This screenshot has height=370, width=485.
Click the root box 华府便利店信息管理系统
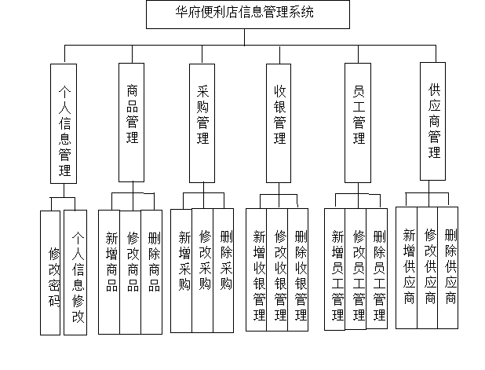point(248,15)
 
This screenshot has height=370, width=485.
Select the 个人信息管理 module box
point(64,123)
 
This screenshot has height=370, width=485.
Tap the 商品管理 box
point(132,123)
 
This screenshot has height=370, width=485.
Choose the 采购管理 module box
point(202,123)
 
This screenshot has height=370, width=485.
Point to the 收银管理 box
point(279,123)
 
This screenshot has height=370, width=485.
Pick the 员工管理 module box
point(358,123)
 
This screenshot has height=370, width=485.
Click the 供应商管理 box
point(432,122)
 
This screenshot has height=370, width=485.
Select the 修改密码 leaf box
point(50,273)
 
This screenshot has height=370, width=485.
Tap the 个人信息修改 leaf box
point(75,273)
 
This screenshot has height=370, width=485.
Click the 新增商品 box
point(109,272)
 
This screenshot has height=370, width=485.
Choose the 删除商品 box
point(151,272)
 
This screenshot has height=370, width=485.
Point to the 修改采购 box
point(202,270)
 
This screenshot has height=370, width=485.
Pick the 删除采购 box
point(224,270)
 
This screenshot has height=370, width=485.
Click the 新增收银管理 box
point(257,269)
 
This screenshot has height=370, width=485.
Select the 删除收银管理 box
point(298,269)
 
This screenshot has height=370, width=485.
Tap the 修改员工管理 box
point(356,269)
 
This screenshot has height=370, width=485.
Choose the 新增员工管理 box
point(334,269)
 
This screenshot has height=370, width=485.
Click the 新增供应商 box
point(407,268)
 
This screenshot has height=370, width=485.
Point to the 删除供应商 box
point(448,268)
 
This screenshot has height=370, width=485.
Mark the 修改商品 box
point(130,272)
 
